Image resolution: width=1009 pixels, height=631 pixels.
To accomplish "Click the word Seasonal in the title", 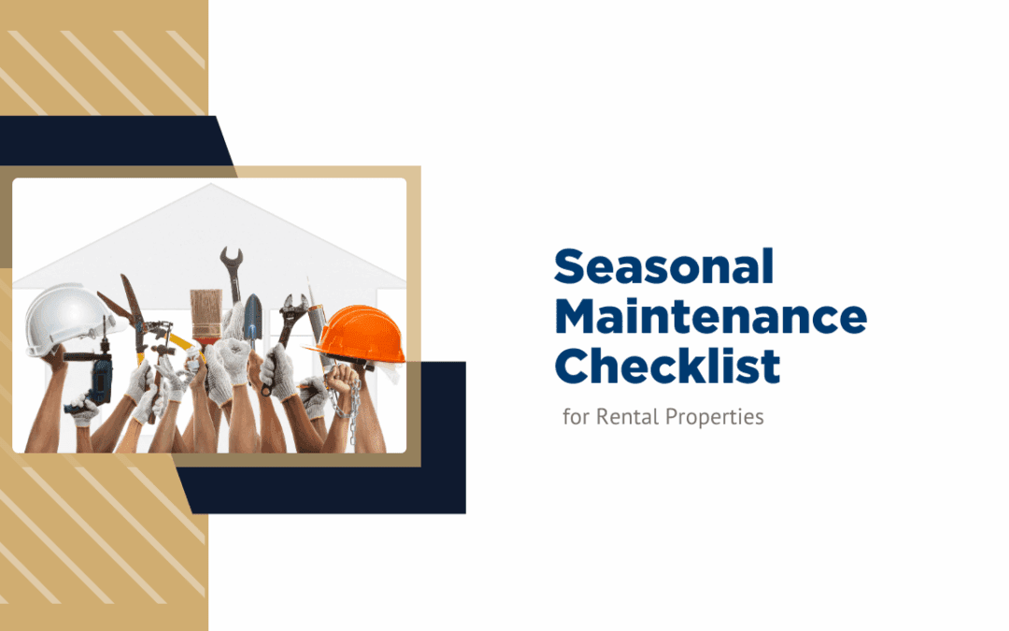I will (663, 268).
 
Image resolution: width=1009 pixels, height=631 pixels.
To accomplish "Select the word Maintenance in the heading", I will (710, 318).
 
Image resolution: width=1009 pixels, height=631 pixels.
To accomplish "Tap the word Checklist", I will (667, 367).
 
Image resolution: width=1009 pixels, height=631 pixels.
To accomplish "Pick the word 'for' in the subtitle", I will (576, 417).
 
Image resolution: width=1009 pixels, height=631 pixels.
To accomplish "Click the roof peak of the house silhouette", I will (212, 186).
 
